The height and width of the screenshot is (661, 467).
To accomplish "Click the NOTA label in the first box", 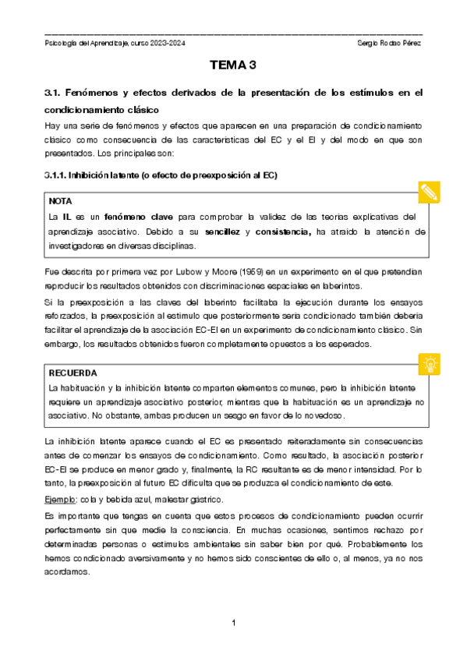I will tap(60, 201).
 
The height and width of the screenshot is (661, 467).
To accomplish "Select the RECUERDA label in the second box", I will tap(73, 373).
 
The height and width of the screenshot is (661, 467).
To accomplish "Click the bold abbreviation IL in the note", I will tap(68, 216).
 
